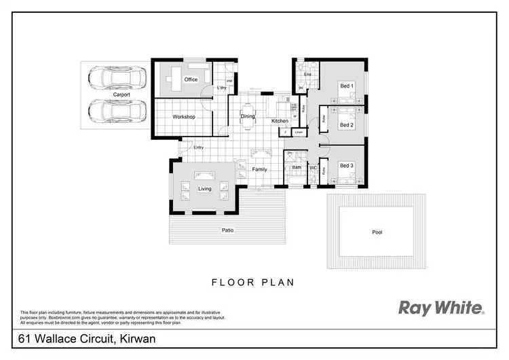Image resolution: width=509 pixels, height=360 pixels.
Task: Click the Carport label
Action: pyautogui.click(x=121, y=94)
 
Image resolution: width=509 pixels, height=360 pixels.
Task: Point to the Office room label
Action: pyautogui.click(x=191, y=79)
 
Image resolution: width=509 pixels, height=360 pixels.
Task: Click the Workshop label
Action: pyautogui.click(x=184, y=117)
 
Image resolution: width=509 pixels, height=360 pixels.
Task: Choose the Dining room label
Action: pyautogui.click(x=248, y=116)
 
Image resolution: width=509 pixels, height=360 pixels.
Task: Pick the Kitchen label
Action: pyautogui.click(x=280, y=121)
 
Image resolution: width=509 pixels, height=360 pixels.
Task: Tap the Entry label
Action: pyautogui.click(x=198, y=147)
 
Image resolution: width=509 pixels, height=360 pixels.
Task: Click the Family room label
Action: pyautogui.click(x=260, y=169)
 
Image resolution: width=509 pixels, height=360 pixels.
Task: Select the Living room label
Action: pyautogui.click(x=205, y=189)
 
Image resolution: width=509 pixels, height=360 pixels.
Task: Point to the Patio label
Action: pyautogui.click(x=228, y=230)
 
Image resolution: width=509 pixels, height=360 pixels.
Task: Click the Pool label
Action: pyautogui.click(x=377, y=232)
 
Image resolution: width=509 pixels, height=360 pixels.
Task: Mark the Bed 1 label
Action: pyautogui.click(x=346, y=86)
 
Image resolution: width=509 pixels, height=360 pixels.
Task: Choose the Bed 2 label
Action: pyautogui.click(x=346, y=125)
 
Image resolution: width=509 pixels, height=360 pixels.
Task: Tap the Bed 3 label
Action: pyautogui.click(x=346, y=165)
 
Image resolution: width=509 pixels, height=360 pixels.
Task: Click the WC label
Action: pyautogui.click(x=314, y=167)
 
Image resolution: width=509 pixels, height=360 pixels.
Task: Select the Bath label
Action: pyautogui.click(x=297, y=167)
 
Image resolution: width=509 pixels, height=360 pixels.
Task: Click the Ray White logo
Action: pyautogui.click(x=440, y=308)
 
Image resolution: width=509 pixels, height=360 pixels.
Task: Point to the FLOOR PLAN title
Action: pyautogui.click(x=252, y=282)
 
